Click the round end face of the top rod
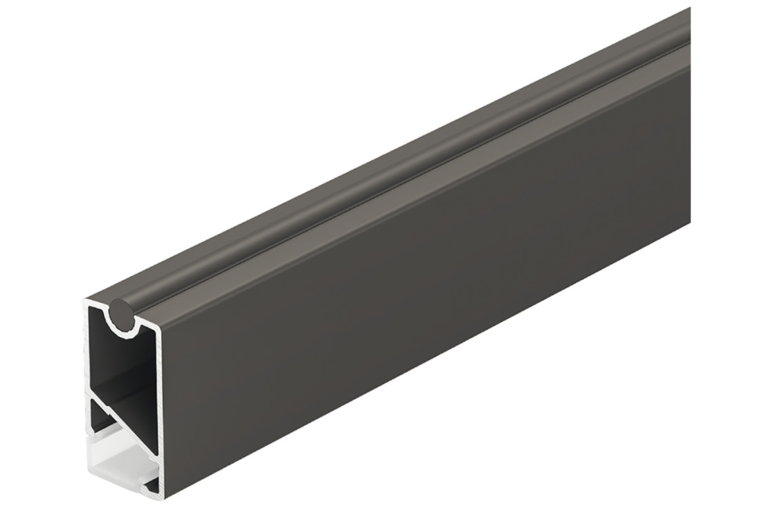pyautogui.click(x=121, y=314)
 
